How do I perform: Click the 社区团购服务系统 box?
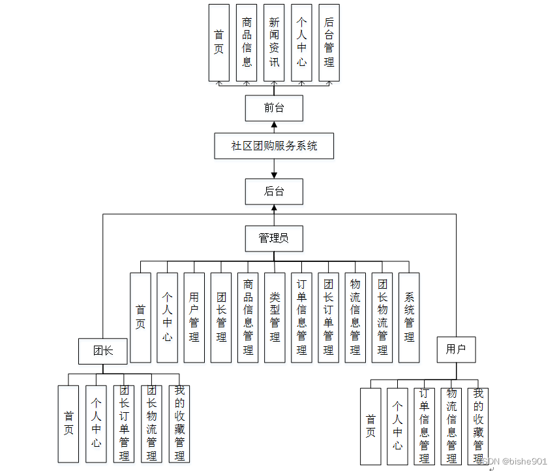pos(274,146)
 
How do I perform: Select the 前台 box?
pos(274,108)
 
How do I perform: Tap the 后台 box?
pos(274,192)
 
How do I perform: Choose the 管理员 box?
pos(274,238)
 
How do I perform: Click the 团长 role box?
pos(102,351)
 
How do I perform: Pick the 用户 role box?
pos(456,349)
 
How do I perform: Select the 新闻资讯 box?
pos(274,42)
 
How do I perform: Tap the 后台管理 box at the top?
pos(329,42)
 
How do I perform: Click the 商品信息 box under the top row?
pos(247,42)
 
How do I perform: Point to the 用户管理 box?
pos(194,317)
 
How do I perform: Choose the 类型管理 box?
pos(275,317)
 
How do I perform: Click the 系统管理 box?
pos(409,317)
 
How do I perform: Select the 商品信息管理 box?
pos(248,317)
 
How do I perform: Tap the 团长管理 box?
pos(221,317)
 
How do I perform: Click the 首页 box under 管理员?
pos(140,317)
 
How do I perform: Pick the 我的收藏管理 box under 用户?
pos(478,426)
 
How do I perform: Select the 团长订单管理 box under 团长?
pos(124,424)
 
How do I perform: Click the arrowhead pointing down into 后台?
pos(274,175)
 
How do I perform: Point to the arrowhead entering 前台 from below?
pos(274,125)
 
